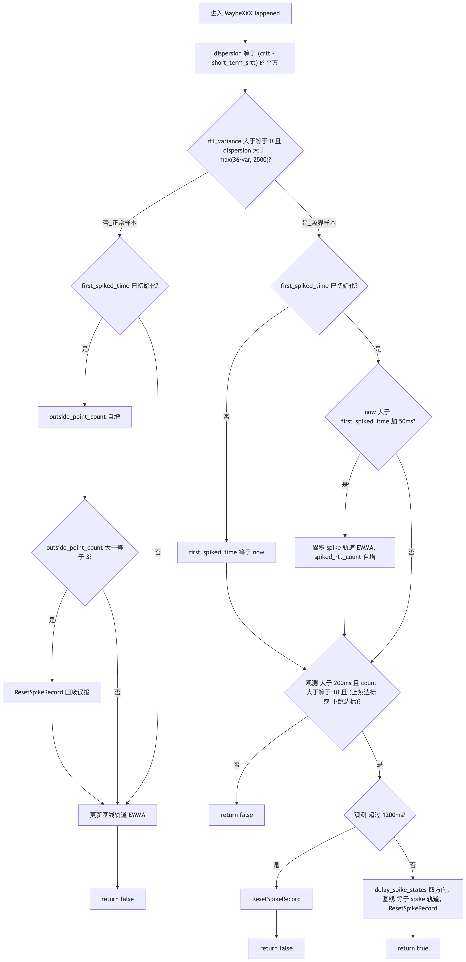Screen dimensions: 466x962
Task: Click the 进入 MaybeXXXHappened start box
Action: coord(245,13)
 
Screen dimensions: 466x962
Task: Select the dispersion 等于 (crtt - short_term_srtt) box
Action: coord(245,58)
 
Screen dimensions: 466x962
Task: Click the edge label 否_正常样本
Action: coord(120,223)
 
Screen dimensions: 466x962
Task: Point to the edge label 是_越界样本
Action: coord(319,223)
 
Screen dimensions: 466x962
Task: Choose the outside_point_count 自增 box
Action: coord(85,417)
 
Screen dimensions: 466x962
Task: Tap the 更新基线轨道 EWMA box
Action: coord(118,815)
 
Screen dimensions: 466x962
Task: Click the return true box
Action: coord(413,948)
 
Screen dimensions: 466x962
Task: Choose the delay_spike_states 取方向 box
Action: coord(413,899)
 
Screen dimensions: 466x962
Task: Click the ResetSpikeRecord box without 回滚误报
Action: coord(277,899)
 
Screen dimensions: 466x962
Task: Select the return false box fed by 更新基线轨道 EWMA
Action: coord(118,899)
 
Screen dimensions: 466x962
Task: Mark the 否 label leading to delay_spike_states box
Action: coord(413,865)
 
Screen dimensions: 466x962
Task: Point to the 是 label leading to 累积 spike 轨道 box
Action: coord(345,484)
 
